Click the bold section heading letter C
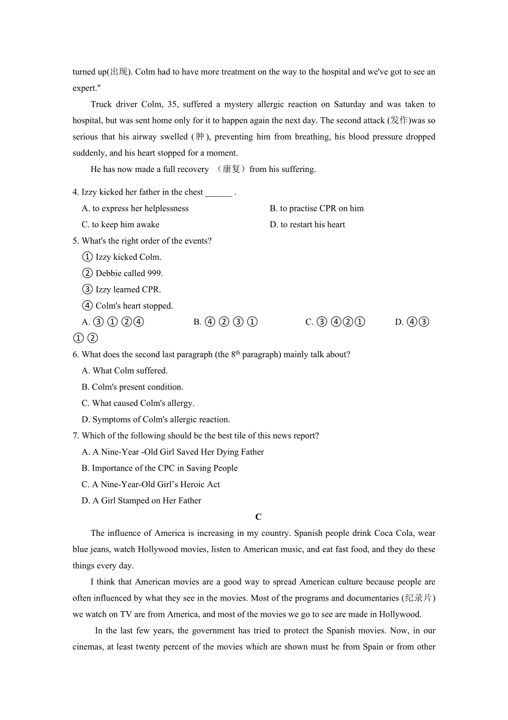click(x=258, y=517)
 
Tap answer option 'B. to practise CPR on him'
click(x=316, y=208)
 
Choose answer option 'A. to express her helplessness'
click(x=135, y=208)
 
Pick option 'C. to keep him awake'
click(x=120, y=225)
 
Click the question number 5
click(x=75, y=241)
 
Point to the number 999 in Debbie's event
click(x=155, y=273)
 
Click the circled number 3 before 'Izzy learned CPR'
click(x=87, y=289)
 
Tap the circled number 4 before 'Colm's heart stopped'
click(x=87, y=306)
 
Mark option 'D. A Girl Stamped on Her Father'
click(x=141, y=500)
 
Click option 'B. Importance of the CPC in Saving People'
click(x=160, y=468)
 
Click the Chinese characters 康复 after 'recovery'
click(x=231, y=169)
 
